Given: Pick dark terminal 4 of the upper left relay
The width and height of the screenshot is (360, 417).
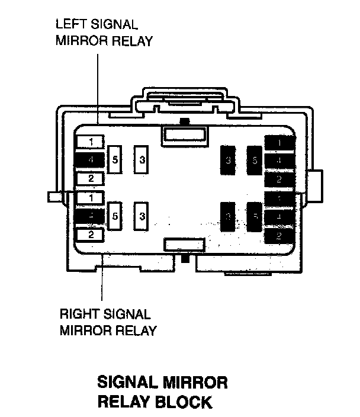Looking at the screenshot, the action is coord(89,160).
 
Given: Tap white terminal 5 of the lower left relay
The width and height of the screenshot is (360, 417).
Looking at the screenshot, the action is coord(115,216).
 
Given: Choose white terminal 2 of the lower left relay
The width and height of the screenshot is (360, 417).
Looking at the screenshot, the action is coord(90,235).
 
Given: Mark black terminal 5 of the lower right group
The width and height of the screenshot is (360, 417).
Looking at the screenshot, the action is coord(254,216).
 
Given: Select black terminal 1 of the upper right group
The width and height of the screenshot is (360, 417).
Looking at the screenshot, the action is coord(279,142).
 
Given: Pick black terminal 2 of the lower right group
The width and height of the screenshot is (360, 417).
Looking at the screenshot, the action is coord(279,235).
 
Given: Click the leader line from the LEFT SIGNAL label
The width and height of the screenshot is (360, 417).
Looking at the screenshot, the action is coord(97,83).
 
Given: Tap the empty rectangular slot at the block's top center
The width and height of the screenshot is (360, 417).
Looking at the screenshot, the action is coord(184,136).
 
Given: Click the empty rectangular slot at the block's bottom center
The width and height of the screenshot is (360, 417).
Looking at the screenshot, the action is coord(184,243).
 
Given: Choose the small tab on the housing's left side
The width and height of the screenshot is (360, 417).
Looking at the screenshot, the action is coord(53,196).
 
